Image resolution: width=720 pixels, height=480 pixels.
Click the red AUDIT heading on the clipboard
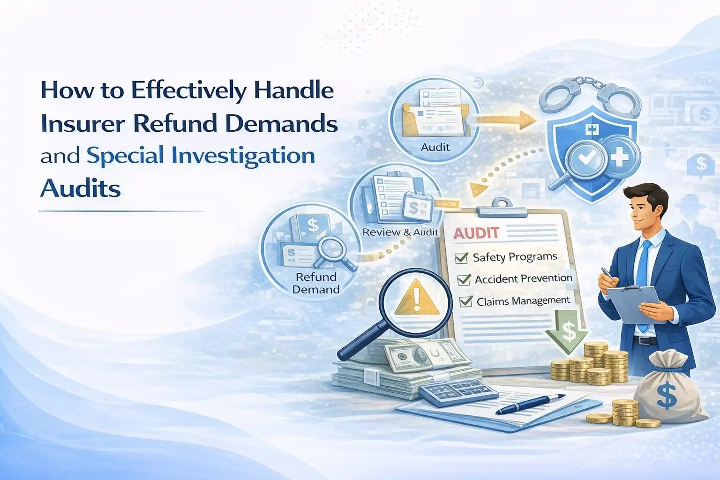coord(476,233)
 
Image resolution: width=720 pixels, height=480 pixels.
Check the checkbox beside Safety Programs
coord(462,258)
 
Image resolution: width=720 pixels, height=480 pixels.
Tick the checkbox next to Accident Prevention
coord(464,279)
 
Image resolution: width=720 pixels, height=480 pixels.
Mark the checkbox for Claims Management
coord(466,301)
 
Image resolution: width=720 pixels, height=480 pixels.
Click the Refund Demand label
coord(316,283)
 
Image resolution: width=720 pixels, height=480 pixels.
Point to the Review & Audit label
coord(400,232)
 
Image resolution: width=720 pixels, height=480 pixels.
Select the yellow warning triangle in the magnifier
coord(417,297)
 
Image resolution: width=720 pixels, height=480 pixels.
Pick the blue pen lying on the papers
coord(531,404)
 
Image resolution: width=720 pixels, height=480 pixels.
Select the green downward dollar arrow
coord(567,330)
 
